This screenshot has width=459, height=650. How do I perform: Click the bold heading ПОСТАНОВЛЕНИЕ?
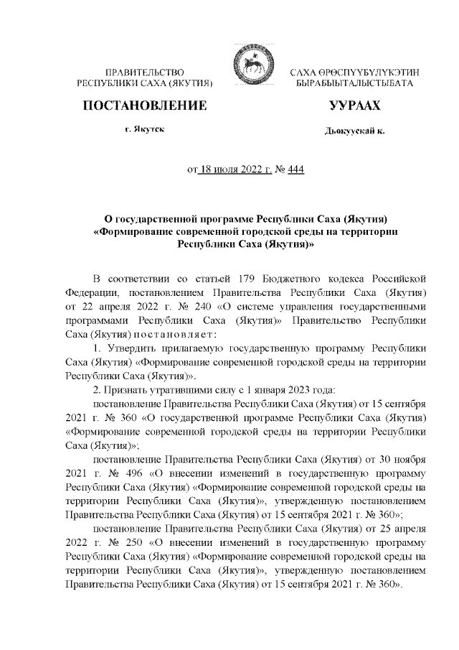pyautogui.click(x=146, y=107)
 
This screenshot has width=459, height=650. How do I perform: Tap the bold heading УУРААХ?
pyautogui.click(x=354, y=107)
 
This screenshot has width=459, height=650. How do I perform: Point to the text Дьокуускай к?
pyautogui.click(x=354, y=134)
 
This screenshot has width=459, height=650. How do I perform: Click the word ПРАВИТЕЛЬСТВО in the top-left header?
pyautogui.click(x=146, y=73)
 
